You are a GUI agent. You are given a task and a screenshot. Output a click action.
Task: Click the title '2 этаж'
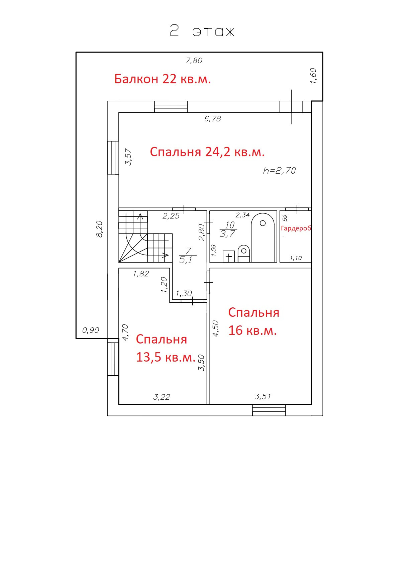pos(202,31)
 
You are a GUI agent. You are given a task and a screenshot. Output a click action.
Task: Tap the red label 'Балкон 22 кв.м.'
pos(163,79)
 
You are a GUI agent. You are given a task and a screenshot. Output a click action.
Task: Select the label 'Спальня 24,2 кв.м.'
pos(207,152)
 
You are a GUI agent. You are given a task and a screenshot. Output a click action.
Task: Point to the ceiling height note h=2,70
pos(280,171)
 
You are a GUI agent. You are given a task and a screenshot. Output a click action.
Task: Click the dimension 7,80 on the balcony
pos(194,61)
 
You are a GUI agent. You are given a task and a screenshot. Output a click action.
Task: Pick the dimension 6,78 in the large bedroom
pos(213,118)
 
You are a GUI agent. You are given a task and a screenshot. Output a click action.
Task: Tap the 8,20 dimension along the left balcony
pos(99,229)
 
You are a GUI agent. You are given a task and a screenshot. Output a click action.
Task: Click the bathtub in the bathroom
pos(263,238)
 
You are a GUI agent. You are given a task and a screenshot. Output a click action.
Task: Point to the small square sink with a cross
pos(229,257)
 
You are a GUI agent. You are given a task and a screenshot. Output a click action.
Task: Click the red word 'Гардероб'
pos(296,228)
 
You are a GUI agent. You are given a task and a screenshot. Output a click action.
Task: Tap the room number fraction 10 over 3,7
pos(229,229)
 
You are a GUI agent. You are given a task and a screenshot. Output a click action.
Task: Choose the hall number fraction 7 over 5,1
pos(187,256)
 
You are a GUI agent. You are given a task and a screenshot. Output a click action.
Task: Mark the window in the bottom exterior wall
pos(269,410)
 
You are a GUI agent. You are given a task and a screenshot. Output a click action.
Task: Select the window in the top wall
pos(171,107)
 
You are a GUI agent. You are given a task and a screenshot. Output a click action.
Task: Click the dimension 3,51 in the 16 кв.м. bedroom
pos(263,396)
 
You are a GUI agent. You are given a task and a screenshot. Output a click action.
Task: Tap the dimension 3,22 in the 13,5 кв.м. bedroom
pos(162,397)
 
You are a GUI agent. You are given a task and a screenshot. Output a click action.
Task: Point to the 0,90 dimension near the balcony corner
pos(91,330)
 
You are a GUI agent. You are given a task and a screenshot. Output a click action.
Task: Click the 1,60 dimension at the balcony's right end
pos(313,76)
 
